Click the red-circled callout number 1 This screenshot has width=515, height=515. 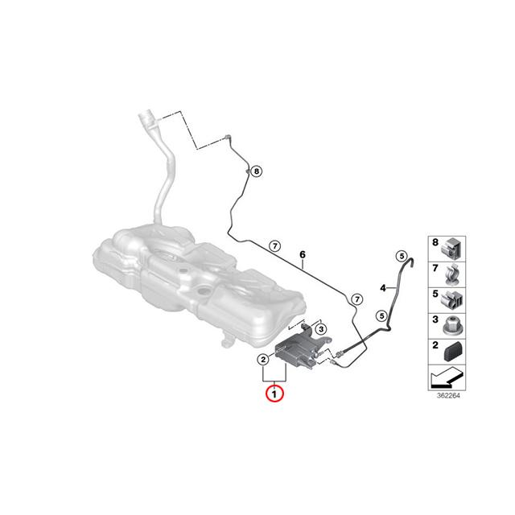coord(274,394)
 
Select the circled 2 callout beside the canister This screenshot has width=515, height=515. coord(262,359)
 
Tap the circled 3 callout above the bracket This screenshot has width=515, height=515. coord(320,329)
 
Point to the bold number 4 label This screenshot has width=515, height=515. coord(384,287)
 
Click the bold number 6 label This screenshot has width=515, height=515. coord(303,257)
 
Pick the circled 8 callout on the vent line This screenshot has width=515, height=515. coord(256,171)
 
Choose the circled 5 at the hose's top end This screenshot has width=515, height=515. coord(400,257)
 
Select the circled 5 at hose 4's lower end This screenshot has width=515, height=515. coord(382,315)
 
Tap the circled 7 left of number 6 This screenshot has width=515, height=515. coord(274,246)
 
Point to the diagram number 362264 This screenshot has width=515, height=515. coord(447,394)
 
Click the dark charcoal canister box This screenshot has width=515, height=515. coord(296,353)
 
